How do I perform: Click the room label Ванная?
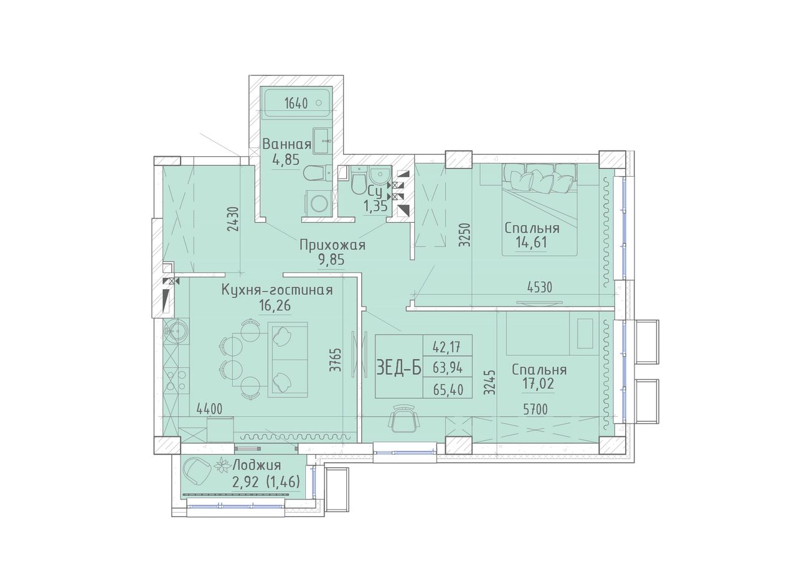pos(287,144)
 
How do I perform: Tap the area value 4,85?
pos(286,160)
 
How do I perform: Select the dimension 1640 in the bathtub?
pos(296,103)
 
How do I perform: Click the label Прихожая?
pos(332,245)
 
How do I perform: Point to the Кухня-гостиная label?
pos(277,291)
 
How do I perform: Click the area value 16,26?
pos(275,305)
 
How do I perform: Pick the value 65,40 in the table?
pos(448,390)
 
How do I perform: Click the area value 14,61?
pos(531,243)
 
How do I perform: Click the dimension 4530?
pos(539,287)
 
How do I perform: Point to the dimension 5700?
pos(535,410)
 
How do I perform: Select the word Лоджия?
pos(257,465)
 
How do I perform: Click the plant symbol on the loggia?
pos(223,465)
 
